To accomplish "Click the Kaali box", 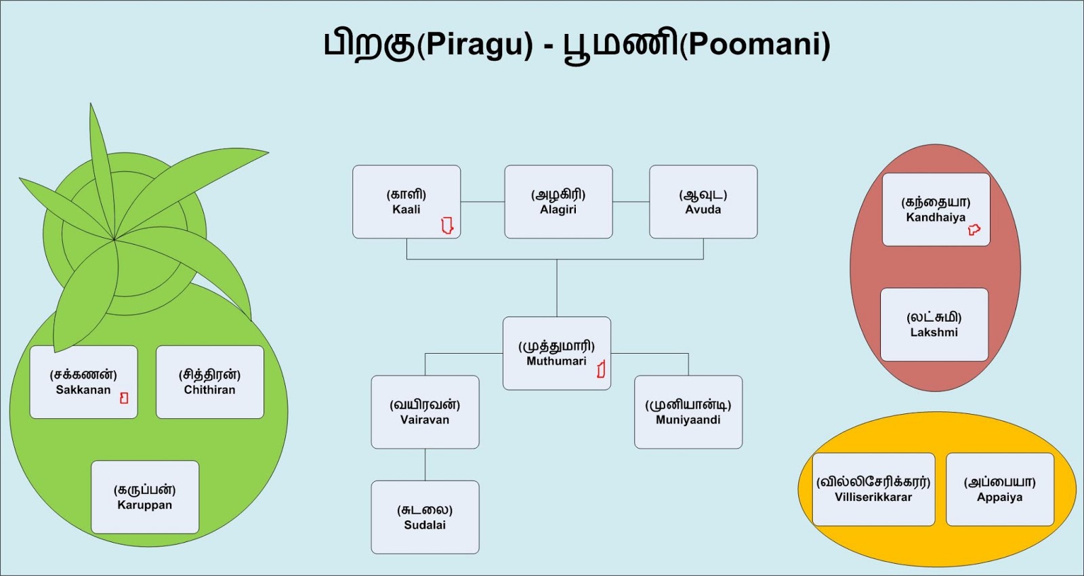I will (406, 202).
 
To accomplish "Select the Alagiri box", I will (558, 202).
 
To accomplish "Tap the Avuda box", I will (703, 202).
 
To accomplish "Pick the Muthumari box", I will (556, 353).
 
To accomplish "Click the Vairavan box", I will (425, 412).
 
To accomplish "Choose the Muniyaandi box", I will (688, 412).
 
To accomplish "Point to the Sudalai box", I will (425, 517).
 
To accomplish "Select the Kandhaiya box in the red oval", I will (936, 209).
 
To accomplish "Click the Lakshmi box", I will (934, 325).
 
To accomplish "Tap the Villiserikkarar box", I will (873, 489).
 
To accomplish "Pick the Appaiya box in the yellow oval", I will (999, 489).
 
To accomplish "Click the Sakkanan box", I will (83, 382).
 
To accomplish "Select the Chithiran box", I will (209, 382).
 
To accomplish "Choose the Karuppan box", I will (145, 497).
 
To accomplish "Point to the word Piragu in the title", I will (475, 45).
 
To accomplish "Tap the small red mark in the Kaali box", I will (447, 225).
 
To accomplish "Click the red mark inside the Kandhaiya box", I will (974, 230).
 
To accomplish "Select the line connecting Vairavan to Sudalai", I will (425, 465).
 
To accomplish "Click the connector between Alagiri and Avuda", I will (631, 201).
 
